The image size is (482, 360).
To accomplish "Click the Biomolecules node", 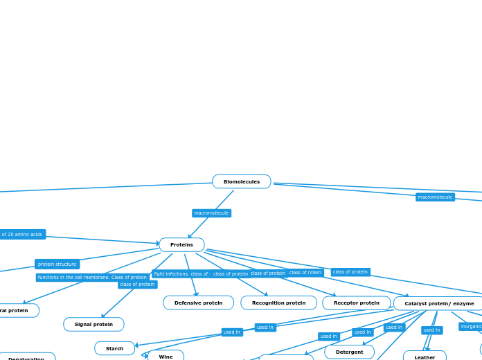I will click(x=241, y=181).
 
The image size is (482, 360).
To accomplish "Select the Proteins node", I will click(x=181, y=244).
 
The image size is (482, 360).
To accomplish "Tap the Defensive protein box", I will click(x=198, y=303).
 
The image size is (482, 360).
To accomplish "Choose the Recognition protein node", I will click(x=278, y=303).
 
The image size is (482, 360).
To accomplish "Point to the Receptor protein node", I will click(x=356, y=303).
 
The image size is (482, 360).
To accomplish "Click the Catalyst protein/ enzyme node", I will click(x=439, y=303).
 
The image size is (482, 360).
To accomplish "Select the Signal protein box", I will click(x=93, y=324).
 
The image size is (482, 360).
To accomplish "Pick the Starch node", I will click(x=114, y=348).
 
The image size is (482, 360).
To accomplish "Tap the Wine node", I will click(x=166, y=356).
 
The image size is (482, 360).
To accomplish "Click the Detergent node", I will click(x=349, y=352).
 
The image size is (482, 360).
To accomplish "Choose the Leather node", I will click(x=425, y=357).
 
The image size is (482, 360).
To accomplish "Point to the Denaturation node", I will click(x=26, y=357).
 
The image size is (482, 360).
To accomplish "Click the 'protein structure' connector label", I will click(x=57, y=264).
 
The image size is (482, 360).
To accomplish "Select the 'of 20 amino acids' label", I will click(x=21, y=234).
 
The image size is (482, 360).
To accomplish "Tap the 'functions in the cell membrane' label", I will click(x=73, y=277).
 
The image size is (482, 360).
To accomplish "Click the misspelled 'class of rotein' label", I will click(x=305, y=272).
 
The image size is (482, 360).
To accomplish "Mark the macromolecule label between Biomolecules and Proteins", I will click(x=211, y=213).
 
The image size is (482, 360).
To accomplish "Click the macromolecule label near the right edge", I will click(x=435, y=197).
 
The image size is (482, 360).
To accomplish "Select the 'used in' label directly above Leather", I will click(x=431, y=330).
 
